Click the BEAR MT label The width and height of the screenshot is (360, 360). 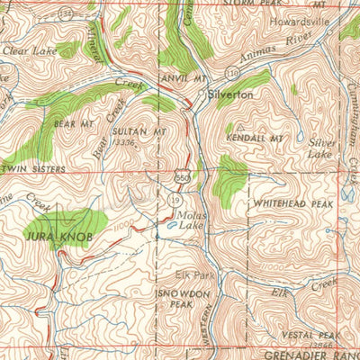click(x=74, y=122)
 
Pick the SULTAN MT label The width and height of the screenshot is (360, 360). click(x=139, y=131)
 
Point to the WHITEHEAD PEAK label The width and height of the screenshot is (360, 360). click(x=289, y=203)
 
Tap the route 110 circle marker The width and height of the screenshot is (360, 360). click(x=209, y=71)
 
